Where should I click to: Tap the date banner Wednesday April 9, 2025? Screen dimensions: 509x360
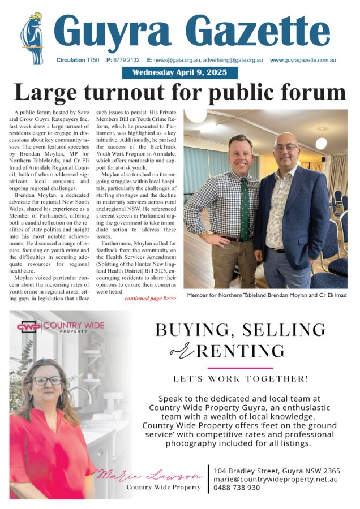[180, 72]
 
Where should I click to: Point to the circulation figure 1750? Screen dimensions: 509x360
[95, 60]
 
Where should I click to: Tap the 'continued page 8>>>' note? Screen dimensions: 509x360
[150, 298]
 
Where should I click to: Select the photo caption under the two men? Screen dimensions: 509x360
[267, 295]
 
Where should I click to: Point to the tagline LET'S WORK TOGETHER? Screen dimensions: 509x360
[241, 378]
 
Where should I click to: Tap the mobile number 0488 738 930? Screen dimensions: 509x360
[237, 488]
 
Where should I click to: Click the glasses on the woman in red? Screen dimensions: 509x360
[47, 381]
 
